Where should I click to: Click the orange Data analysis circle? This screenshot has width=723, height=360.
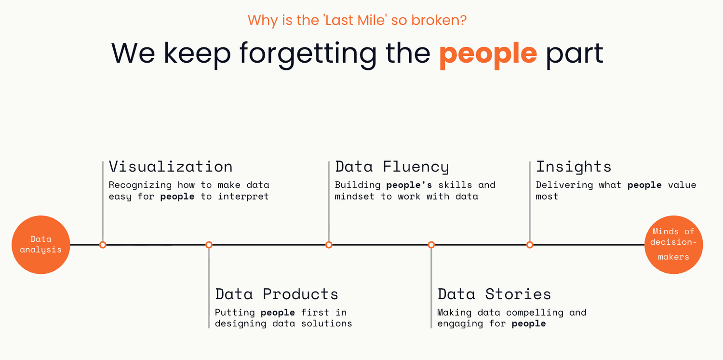(41, 245)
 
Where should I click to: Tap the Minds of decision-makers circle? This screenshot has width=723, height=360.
(674, 245)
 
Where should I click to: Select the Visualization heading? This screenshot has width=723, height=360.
(171, 167)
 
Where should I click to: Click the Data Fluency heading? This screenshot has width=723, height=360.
(392, 167)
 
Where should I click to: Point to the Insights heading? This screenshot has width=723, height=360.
(574, 167)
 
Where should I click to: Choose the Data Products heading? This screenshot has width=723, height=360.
(277, 294)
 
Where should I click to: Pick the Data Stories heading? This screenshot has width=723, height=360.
(494, 294)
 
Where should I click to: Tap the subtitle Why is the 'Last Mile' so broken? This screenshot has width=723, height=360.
(357, 20)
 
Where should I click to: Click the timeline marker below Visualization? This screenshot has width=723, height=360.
(103, 245)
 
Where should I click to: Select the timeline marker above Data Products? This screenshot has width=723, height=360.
(209, 245)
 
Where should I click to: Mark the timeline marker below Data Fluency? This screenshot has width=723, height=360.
(329, 245)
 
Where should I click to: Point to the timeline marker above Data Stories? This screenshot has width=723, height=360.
(431, 245)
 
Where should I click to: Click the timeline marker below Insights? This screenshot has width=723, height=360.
(530, 245)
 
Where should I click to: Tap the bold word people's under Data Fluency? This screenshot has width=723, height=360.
(409, 186)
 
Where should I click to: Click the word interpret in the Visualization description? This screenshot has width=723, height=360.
(243, 197)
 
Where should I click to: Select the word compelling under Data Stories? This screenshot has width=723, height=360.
(535, 313)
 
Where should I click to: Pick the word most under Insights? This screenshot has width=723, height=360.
(547, 197)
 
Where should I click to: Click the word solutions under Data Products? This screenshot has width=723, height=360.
(327, 323)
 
